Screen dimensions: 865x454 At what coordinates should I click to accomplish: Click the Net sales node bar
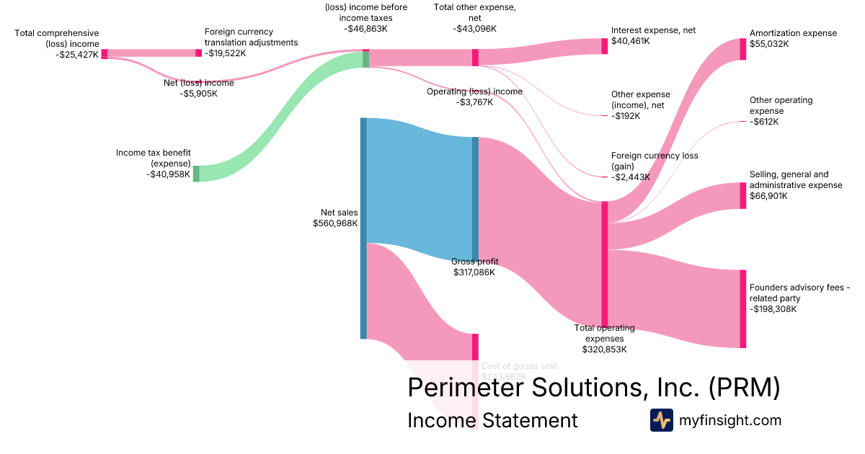(363, 228)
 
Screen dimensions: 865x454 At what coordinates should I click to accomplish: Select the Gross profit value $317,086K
(474, 272)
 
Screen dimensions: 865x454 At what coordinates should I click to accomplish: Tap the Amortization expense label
(793, 33)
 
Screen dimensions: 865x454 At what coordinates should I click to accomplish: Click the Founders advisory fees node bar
(742, 308)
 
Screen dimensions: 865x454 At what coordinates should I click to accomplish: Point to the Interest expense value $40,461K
(630, 41)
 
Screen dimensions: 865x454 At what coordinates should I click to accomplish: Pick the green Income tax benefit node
(196, 173)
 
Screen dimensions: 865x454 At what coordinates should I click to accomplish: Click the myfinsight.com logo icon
(661, 420)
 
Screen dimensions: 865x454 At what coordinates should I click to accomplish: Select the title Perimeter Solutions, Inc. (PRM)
(594, 387)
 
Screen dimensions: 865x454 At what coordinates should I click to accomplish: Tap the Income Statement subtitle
(492, 420)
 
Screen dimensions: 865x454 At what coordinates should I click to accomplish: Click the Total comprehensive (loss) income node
(105, 53)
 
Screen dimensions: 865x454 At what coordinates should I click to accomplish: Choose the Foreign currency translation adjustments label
(251, 37)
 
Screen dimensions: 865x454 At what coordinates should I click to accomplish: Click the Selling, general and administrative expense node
(742, 195)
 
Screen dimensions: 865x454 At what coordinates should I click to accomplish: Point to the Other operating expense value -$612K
(766, 122)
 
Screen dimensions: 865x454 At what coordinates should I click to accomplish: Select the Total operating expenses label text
(604, 333)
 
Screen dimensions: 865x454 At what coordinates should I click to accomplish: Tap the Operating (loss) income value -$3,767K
(474, 102)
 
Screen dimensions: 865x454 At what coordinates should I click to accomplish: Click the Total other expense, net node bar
(475, 58)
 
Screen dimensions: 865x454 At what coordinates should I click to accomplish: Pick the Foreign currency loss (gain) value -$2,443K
(631, 177)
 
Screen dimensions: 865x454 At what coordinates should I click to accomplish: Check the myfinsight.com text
(729, 420)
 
